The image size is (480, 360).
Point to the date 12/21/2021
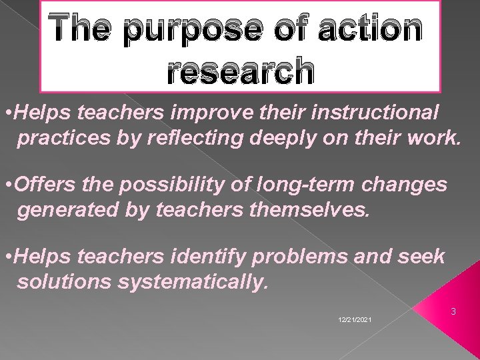(355, 321)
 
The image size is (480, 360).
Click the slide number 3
(453, 311)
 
